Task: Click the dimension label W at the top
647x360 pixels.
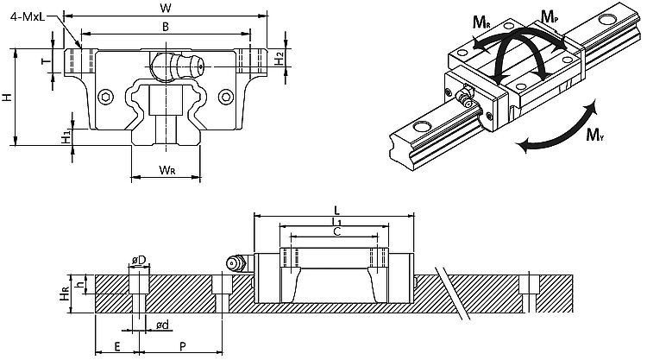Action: coord(166,8)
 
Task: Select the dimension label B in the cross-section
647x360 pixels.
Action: coord(166,27)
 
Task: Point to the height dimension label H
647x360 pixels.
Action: coord(7,97)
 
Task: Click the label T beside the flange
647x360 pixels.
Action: coord(47,61)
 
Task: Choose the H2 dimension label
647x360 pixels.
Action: coord(280,58)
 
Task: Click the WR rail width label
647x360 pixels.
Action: coord(166,169)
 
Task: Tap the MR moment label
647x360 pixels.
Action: coord(481,22)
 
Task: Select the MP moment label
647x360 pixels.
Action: coord(550,17)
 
